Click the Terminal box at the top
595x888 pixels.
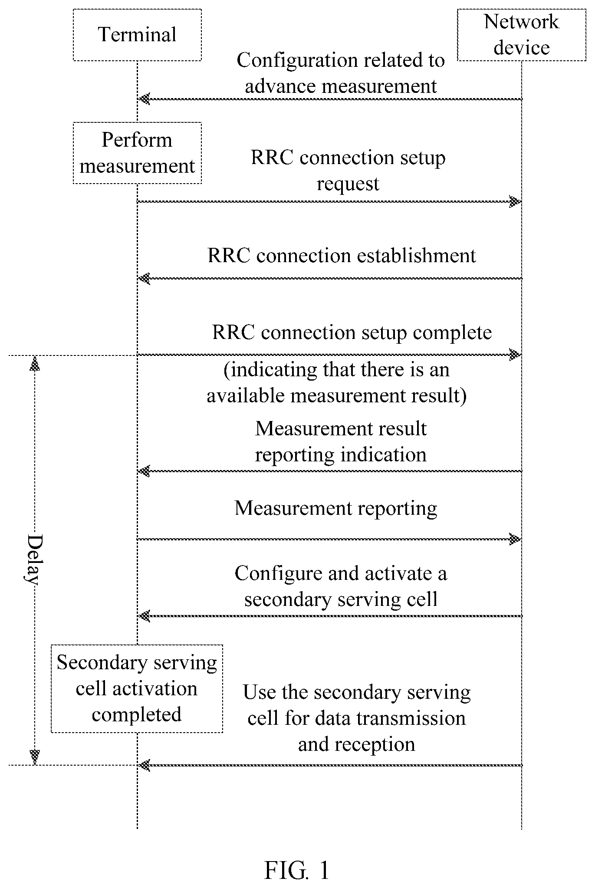(x=137, y=35)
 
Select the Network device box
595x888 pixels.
(x=522, y=35)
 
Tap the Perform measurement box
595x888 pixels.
(x=137, y=153)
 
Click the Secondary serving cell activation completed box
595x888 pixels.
(x=137, y=688)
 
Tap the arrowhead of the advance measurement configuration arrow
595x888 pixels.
(x=144, y=99)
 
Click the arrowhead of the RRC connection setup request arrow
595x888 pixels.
(x=515, y=201)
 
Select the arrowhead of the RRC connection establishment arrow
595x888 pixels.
(x=144, y=278)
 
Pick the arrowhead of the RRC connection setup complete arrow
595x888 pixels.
(x=515, y=355)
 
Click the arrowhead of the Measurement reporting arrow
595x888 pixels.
(x=515, y=539)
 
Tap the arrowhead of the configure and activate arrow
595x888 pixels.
(x=144, y=616)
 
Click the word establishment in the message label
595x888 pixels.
(x=416, y=255)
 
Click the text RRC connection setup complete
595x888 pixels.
(x=352, y=333)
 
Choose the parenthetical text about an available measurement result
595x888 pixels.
(x=337, y=383)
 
